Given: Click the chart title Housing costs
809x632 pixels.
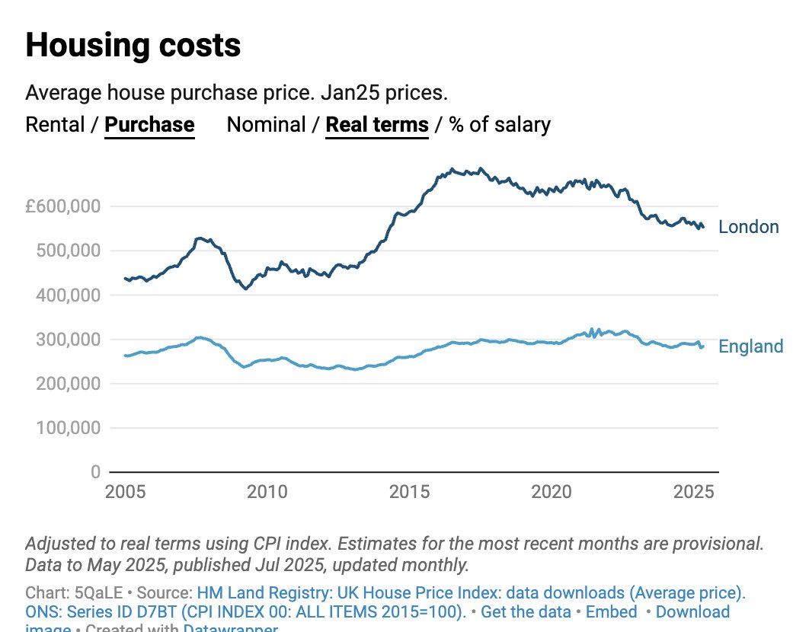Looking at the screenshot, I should pyautogui.click(x=133, y=46).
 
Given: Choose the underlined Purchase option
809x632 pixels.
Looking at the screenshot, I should pyautogui.click(x=149, y=124).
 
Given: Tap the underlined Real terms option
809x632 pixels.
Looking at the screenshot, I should pyautogui.click(x=377, y=124).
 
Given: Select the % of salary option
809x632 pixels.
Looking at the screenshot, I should pyautogui.click(x=500, y=124).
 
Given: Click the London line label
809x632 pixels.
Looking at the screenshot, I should pyautogui.click(x=749, y=227).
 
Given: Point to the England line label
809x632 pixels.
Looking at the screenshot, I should pyautogui.click(x=750, y=347).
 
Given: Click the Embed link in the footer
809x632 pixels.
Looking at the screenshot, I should pyautogui.click(x=612, y=612).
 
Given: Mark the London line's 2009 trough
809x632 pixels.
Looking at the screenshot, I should pyautogui.click(x=245, y=289).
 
